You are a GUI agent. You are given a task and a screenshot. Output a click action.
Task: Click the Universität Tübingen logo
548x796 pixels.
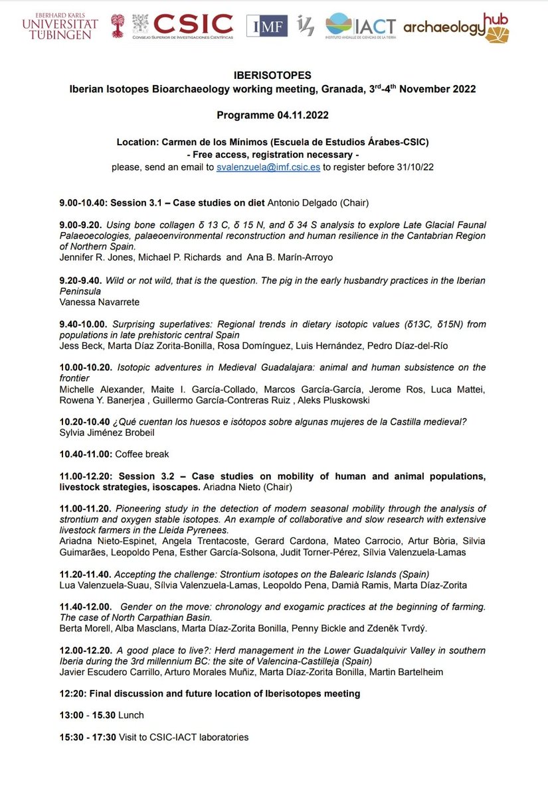[60, 25]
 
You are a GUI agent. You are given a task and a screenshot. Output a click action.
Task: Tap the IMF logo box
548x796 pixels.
[267, 26]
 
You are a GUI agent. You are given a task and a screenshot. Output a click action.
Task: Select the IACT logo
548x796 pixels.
[360, 26]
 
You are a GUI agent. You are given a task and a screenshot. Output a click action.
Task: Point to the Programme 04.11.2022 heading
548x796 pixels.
[273, 115]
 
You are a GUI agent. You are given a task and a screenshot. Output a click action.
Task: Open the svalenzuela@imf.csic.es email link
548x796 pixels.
[268, 168]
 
